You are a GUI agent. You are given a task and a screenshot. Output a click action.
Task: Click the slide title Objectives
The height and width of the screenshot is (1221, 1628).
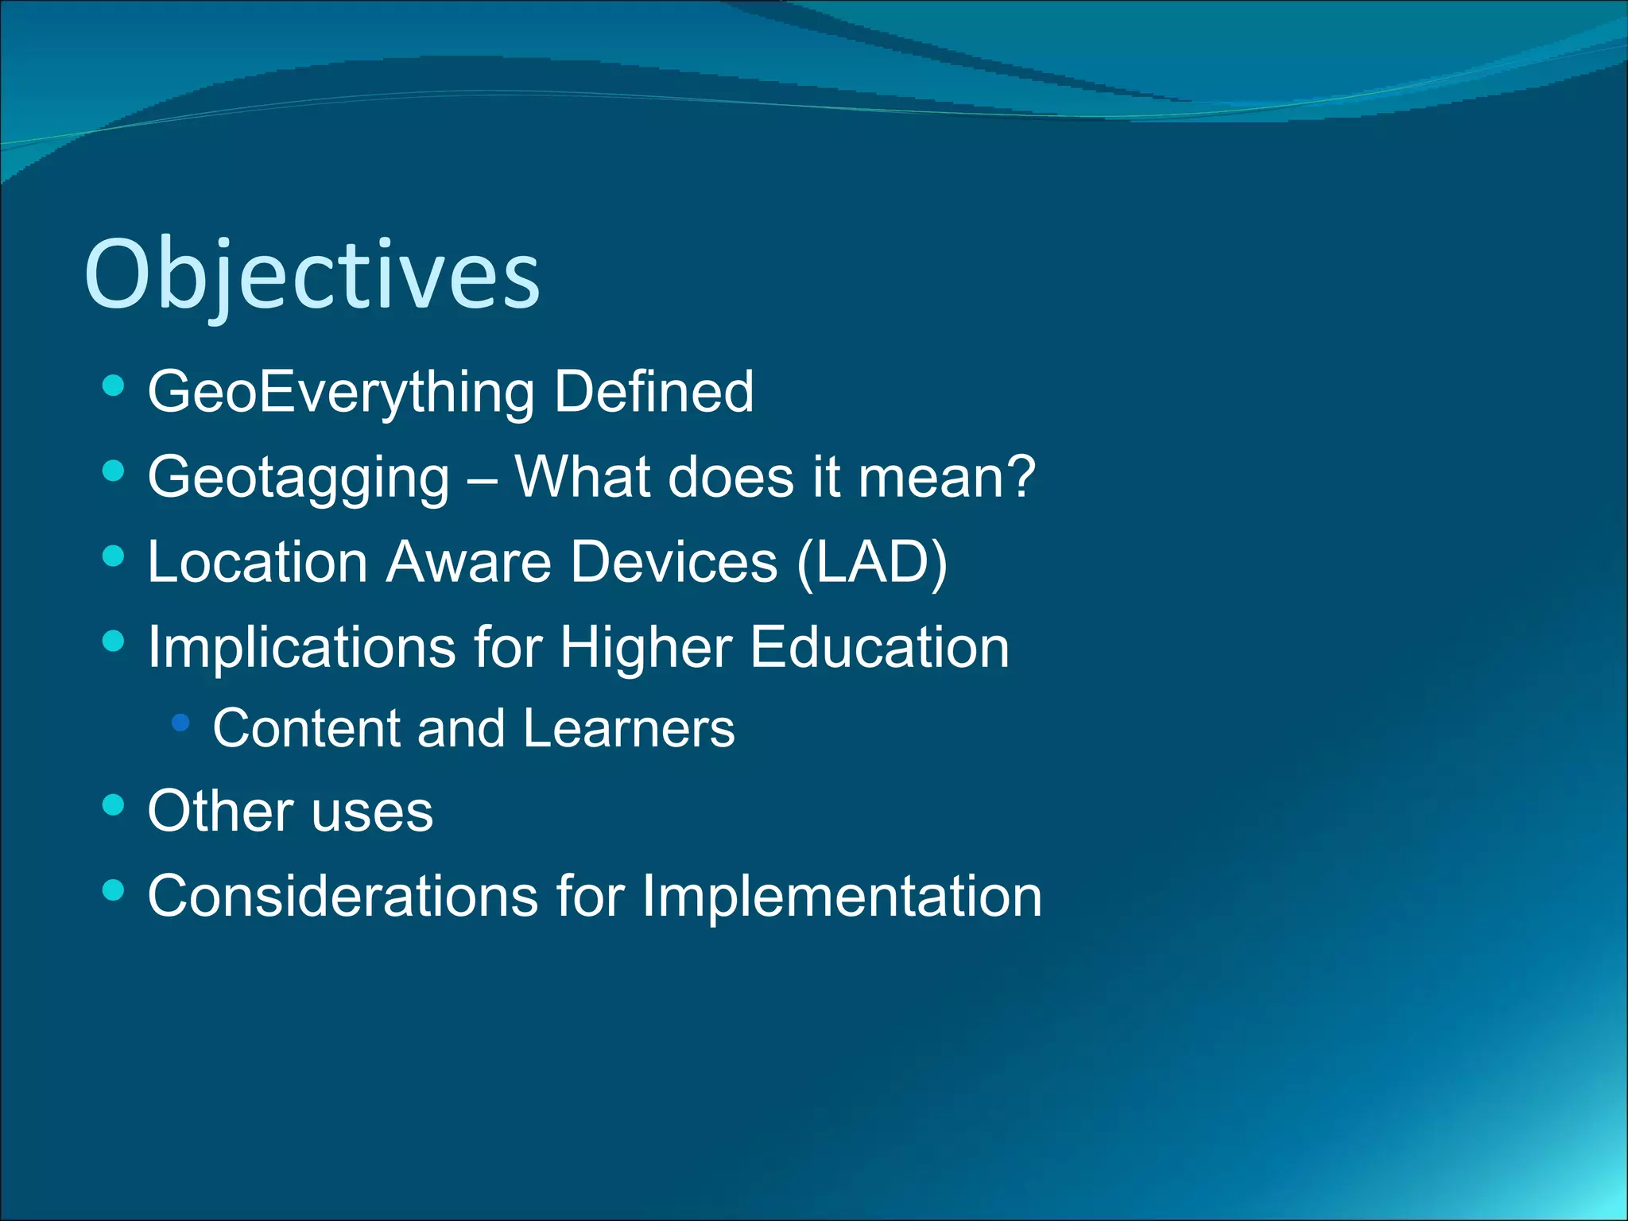[x=312, y=276]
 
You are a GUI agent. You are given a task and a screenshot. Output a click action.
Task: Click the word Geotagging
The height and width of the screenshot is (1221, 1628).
[x=299, y=479]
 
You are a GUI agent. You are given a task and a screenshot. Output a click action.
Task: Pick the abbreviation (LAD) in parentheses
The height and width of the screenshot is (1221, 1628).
[x=872, y=563]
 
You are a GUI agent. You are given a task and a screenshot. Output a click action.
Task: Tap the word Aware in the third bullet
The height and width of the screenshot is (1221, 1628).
[x=469, y=562]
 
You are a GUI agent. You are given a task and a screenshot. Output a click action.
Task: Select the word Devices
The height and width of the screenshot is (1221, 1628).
[x=674, y=562]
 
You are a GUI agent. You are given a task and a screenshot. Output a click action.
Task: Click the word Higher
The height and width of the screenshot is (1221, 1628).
[x=645, y=647]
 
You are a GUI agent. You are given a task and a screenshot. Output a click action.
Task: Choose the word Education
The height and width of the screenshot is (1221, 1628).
[x=879, y=647]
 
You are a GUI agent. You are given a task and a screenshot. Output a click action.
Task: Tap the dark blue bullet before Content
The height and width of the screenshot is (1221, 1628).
[x=181, y=723]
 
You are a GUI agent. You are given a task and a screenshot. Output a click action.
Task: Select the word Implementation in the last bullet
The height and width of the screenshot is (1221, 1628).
[x=841, y=897]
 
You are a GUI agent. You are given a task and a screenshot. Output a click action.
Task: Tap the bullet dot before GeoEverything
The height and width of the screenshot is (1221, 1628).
[x=114, y=386]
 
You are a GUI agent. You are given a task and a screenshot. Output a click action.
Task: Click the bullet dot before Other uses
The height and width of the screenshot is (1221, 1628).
[x=114, y=805]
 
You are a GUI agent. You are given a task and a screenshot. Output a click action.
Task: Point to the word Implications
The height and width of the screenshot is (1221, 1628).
[x=301, y=647]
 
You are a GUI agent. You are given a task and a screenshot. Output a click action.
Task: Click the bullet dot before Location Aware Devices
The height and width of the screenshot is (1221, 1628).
[x=114, y=556]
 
